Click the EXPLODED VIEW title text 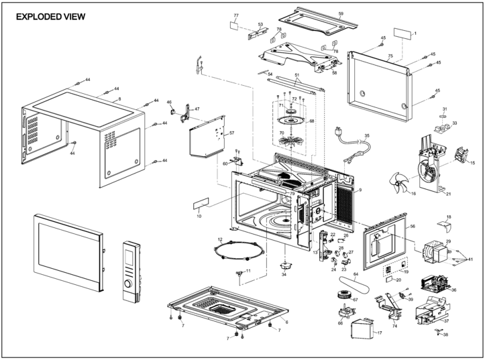click(50, 17)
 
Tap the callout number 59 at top click(341, 14)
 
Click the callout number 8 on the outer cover click(119, 99)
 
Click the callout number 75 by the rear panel click(390, 56)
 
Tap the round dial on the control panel click(129, 292)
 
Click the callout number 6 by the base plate click(286, 322)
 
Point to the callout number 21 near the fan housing click(448, 194)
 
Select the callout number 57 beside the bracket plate click(231, 133)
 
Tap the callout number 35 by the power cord click(367, 136)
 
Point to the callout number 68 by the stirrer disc click(311, 121)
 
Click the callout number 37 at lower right click(446, 321)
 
